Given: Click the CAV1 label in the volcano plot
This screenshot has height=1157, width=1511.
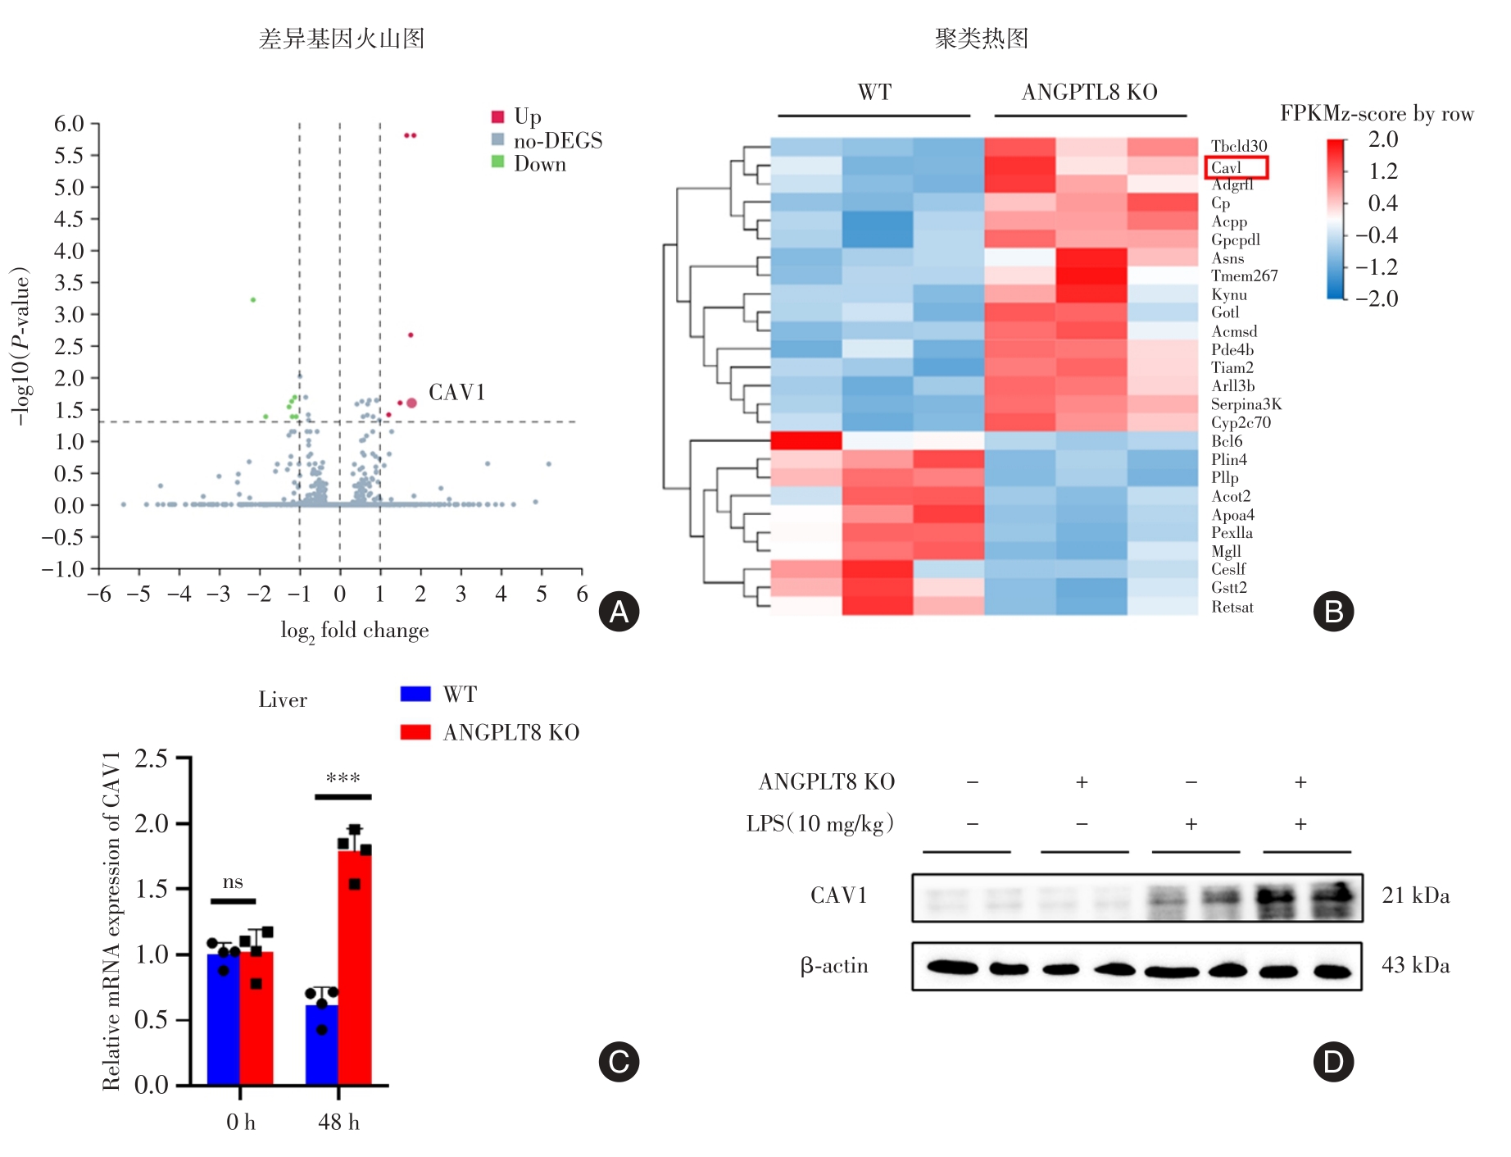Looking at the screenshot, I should (456, 393).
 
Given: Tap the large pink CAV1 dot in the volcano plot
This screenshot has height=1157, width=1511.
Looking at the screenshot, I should (411, 403).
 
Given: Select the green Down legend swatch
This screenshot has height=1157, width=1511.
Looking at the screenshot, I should (497, 162).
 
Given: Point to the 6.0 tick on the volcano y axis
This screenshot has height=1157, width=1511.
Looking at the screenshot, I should (70, 124).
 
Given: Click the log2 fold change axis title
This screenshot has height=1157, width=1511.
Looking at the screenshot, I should (354, 631).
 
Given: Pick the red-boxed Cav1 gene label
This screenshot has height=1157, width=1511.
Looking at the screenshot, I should (1236, 168).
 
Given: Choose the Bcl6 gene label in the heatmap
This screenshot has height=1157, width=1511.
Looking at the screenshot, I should (1227, 441).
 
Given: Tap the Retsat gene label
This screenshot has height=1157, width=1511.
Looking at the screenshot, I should (1232, 608).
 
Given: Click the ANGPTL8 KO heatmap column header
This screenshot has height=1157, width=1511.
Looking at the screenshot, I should (1089, 93).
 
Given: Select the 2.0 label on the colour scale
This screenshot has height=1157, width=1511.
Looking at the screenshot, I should (1383, 139).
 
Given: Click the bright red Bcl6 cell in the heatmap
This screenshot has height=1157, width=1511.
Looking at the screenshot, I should (806, 441).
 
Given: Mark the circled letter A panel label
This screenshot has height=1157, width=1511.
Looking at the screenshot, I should (619, 612).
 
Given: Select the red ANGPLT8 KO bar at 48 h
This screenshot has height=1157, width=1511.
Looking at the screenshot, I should (355, 968).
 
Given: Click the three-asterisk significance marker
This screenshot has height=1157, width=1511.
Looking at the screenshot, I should (343, 778).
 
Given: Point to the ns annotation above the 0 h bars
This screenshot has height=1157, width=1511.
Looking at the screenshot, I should (233, 882).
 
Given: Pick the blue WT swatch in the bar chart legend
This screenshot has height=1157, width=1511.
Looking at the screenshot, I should (415, 695).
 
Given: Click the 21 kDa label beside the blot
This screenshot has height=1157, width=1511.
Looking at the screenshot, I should (1415, 895).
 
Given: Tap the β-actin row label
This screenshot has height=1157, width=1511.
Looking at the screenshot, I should (833, 966).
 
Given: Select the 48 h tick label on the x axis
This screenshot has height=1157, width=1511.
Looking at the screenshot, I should (338, 1122).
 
